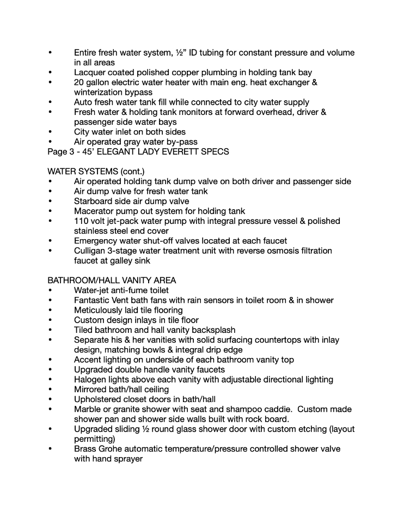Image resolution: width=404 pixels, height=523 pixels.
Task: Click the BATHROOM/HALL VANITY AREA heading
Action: tap(112, 281)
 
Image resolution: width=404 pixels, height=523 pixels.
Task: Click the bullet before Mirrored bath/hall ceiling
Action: tap(50, 390)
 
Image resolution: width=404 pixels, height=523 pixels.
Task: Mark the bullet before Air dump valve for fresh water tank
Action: tap(50, 191)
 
